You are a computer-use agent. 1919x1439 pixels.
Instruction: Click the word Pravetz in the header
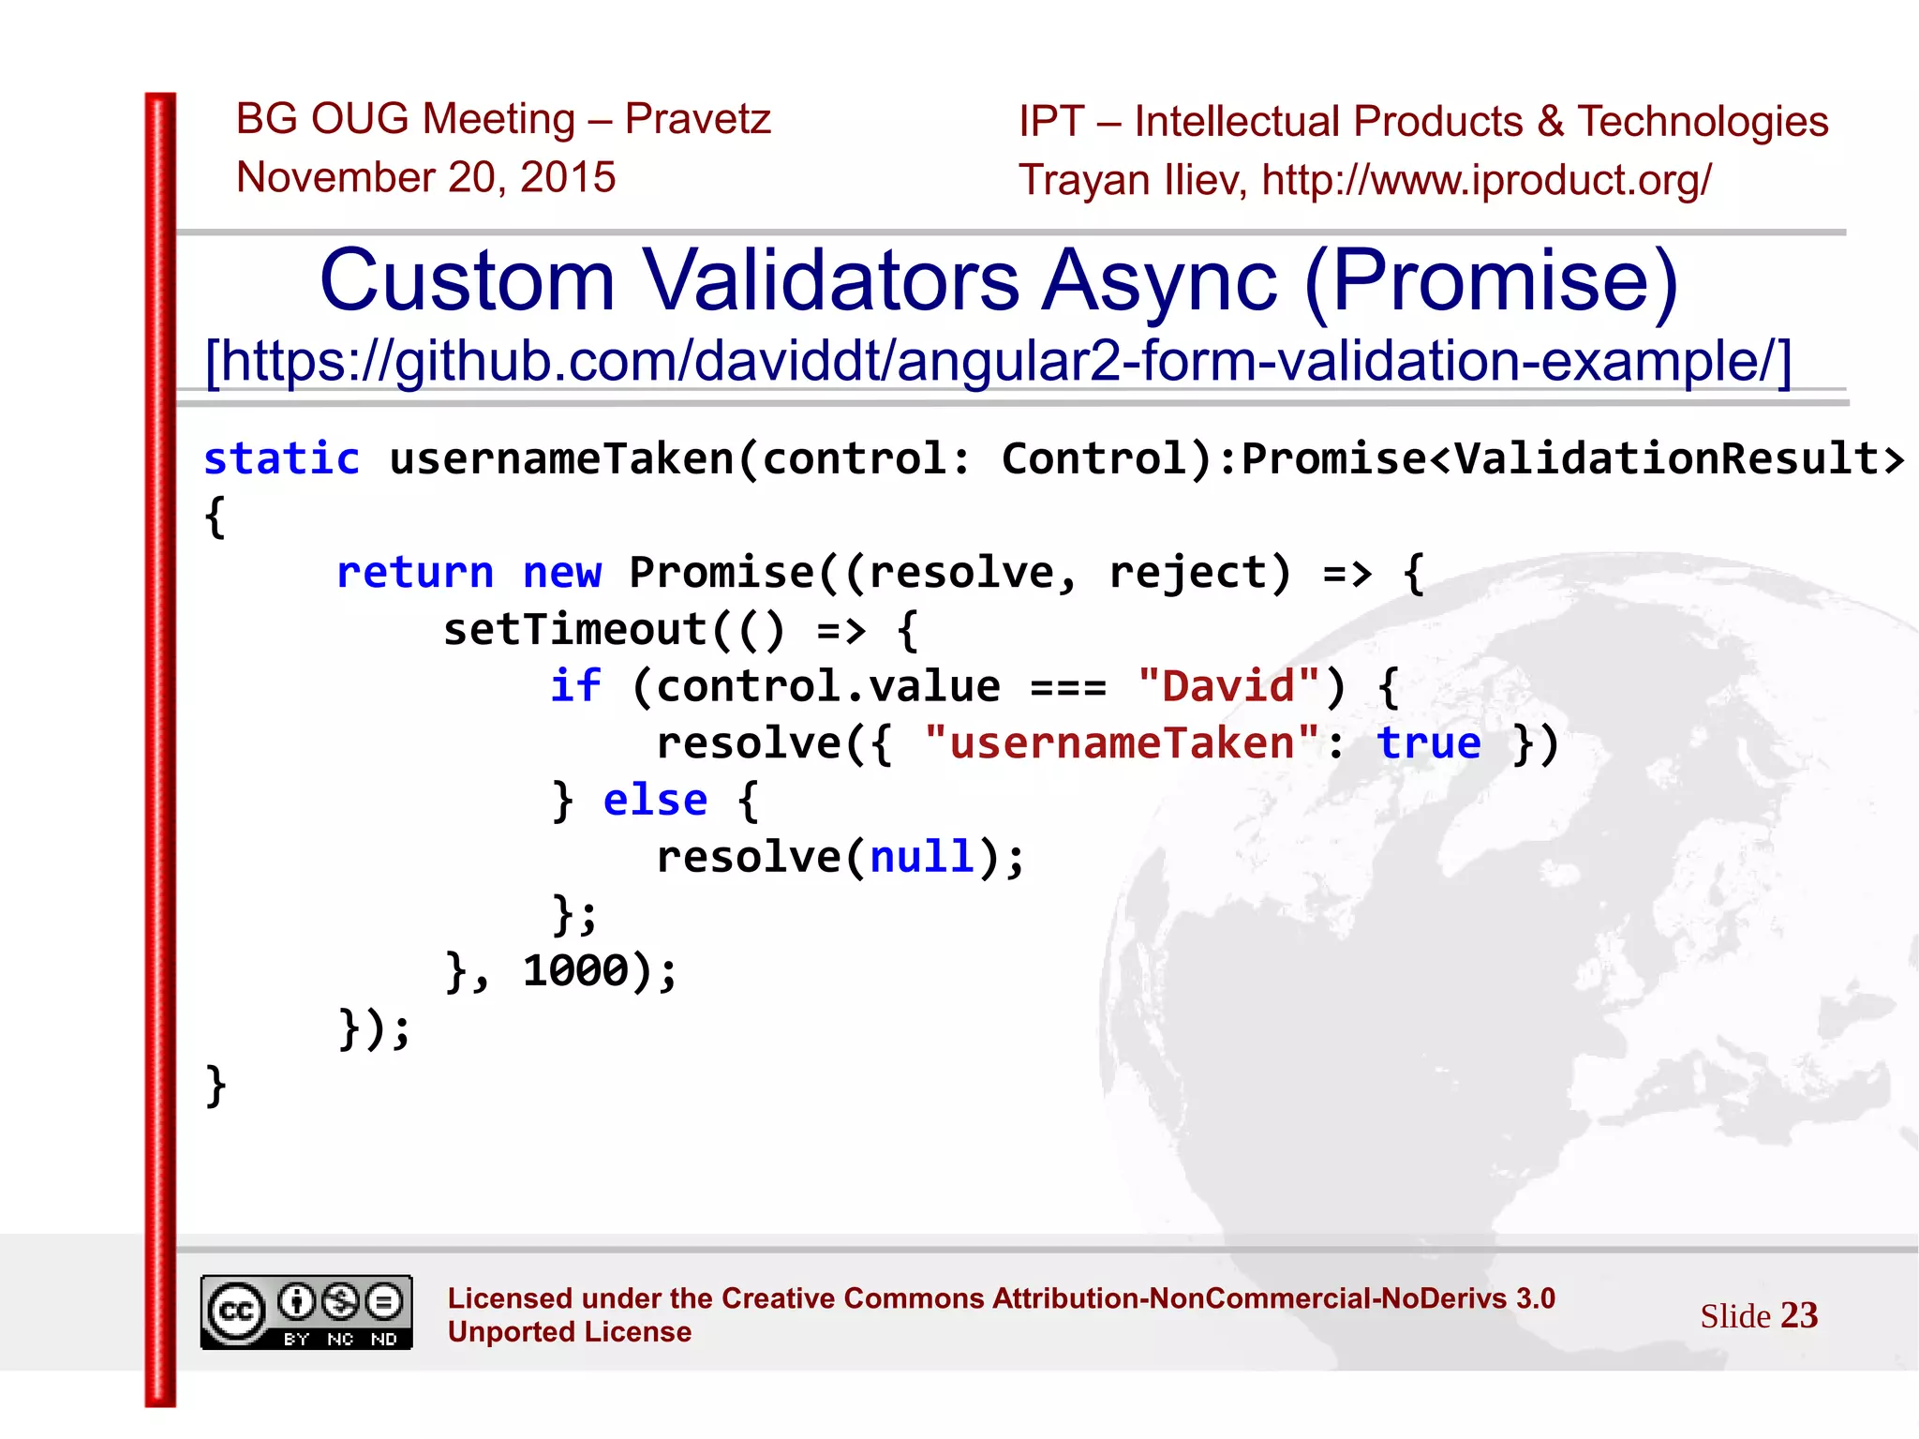coord(697,119)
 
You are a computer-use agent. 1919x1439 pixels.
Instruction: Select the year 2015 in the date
coord(568,177)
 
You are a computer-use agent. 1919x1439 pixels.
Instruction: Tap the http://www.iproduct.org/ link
coord(1486,180)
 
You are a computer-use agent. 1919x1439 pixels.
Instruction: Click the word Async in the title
coord(1160,280)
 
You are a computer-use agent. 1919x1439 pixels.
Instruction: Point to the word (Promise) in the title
coord(1491,280)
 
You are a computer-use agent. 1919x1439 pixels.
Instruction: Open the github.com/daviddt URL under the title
coord(998,361)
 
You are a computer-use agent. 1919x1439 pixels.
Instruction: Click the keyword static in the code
coord(281,458)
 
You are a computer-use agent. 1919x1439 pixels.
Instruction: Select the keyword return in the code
coord(414,572)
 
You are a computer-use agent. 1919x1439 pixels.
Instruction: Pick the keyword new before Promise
coord(561,572)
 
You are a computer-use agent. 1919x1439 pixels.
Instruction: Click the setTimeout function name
coord(574,629)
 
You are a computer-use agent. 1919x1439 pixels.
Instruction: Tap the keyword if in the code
coord(574,686)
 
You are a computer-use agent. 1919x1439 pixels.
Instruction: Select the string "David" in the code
coord(1228,686)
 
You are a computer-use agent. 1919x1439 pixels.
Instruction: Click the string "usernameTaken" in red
coord(1122,743)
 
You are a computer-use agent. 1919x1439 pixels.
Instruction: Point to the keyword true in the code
coord(1429,743)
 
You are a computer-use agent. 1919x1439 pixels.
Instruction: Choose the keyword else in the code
coord(655,801)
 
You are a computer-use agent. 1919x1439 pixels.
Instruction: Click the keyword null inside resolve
coord(922,857)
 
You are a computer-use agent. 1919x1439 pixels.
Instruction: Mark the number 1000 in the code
coord(575,970)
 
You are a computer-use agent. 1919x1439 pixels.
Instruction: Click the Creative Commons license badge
coord(306,1312)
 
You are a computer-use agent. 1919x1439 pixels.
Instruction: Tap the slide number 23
coord(1799,1315)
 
